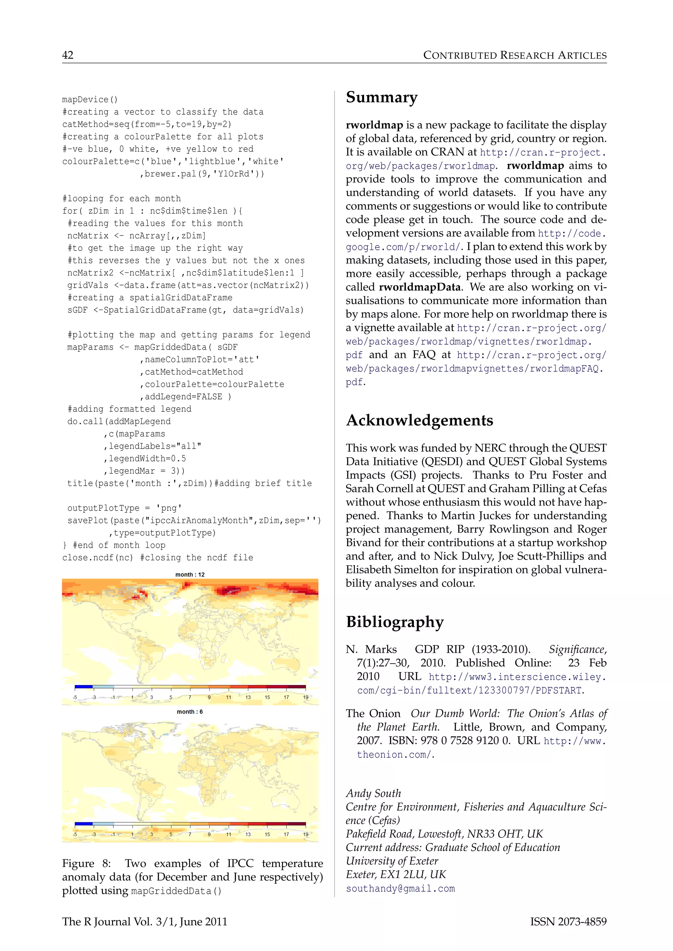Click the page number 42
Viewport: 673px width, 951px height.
tap(68, 55)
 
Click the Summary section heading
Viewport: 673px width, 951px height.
tap(381, 97)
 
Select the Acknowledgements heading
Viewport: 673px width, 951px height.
tap(419, 420)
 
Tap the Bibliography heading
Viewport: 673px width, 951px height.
tap(395, 622)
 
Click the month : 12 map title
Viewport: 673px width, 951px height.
tap(190, 574)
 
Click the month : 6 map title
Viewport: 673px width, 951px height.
tap(190, 712)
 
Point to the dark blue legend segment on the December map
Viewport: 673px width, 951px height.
tap(84, 687)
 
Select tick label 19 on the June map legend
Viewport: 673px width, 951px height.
tap(305, 834)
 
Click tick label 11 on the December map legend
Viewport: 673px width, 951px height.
tap(228, 697)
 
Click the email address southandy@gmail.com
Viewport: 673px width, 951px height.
tap(400, 889)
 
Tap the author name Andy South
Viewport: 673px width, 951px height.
tap(373, 793)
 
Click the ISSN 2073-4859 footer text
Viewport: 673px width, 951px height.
tap(568, 921)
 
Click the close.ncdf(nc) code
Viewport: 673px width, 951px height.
tap(98, 558)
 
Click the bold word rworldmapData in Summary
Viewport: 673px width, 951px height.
tap(419, 287)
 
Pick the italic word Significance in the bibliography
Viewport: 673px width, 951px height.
tap(577, 650)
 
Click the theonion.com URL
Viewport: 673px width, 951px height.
tap(395, 755)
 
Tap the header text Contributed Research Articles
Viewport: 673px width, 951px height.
tap(515, 55)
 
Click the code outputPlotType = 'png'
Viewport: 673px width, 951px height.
tap(124, 508)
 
